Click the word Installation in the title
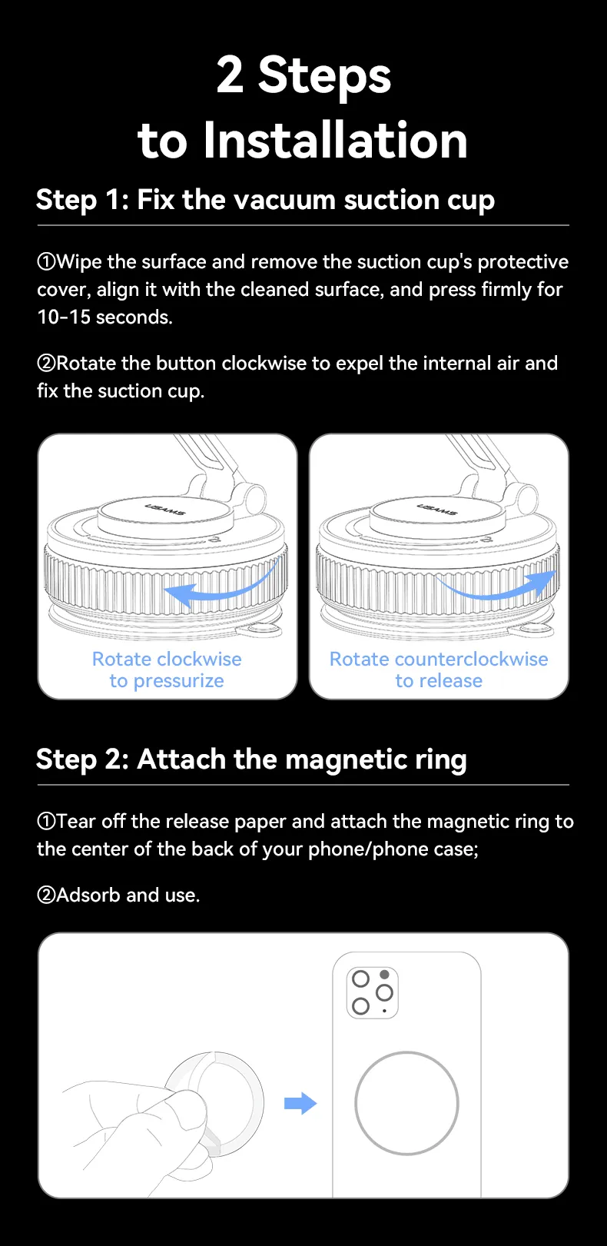coord(335,140)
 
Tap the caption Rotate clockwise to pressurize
coord(167,670)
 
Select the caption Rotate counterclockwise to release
coord(439,670)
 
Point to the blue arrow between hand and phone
coord(300,1103)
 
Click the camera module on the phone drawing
coord(373,993)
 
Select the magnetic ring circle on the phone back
coord(407,1052)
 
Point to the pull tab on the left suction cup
coord(260,630)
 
